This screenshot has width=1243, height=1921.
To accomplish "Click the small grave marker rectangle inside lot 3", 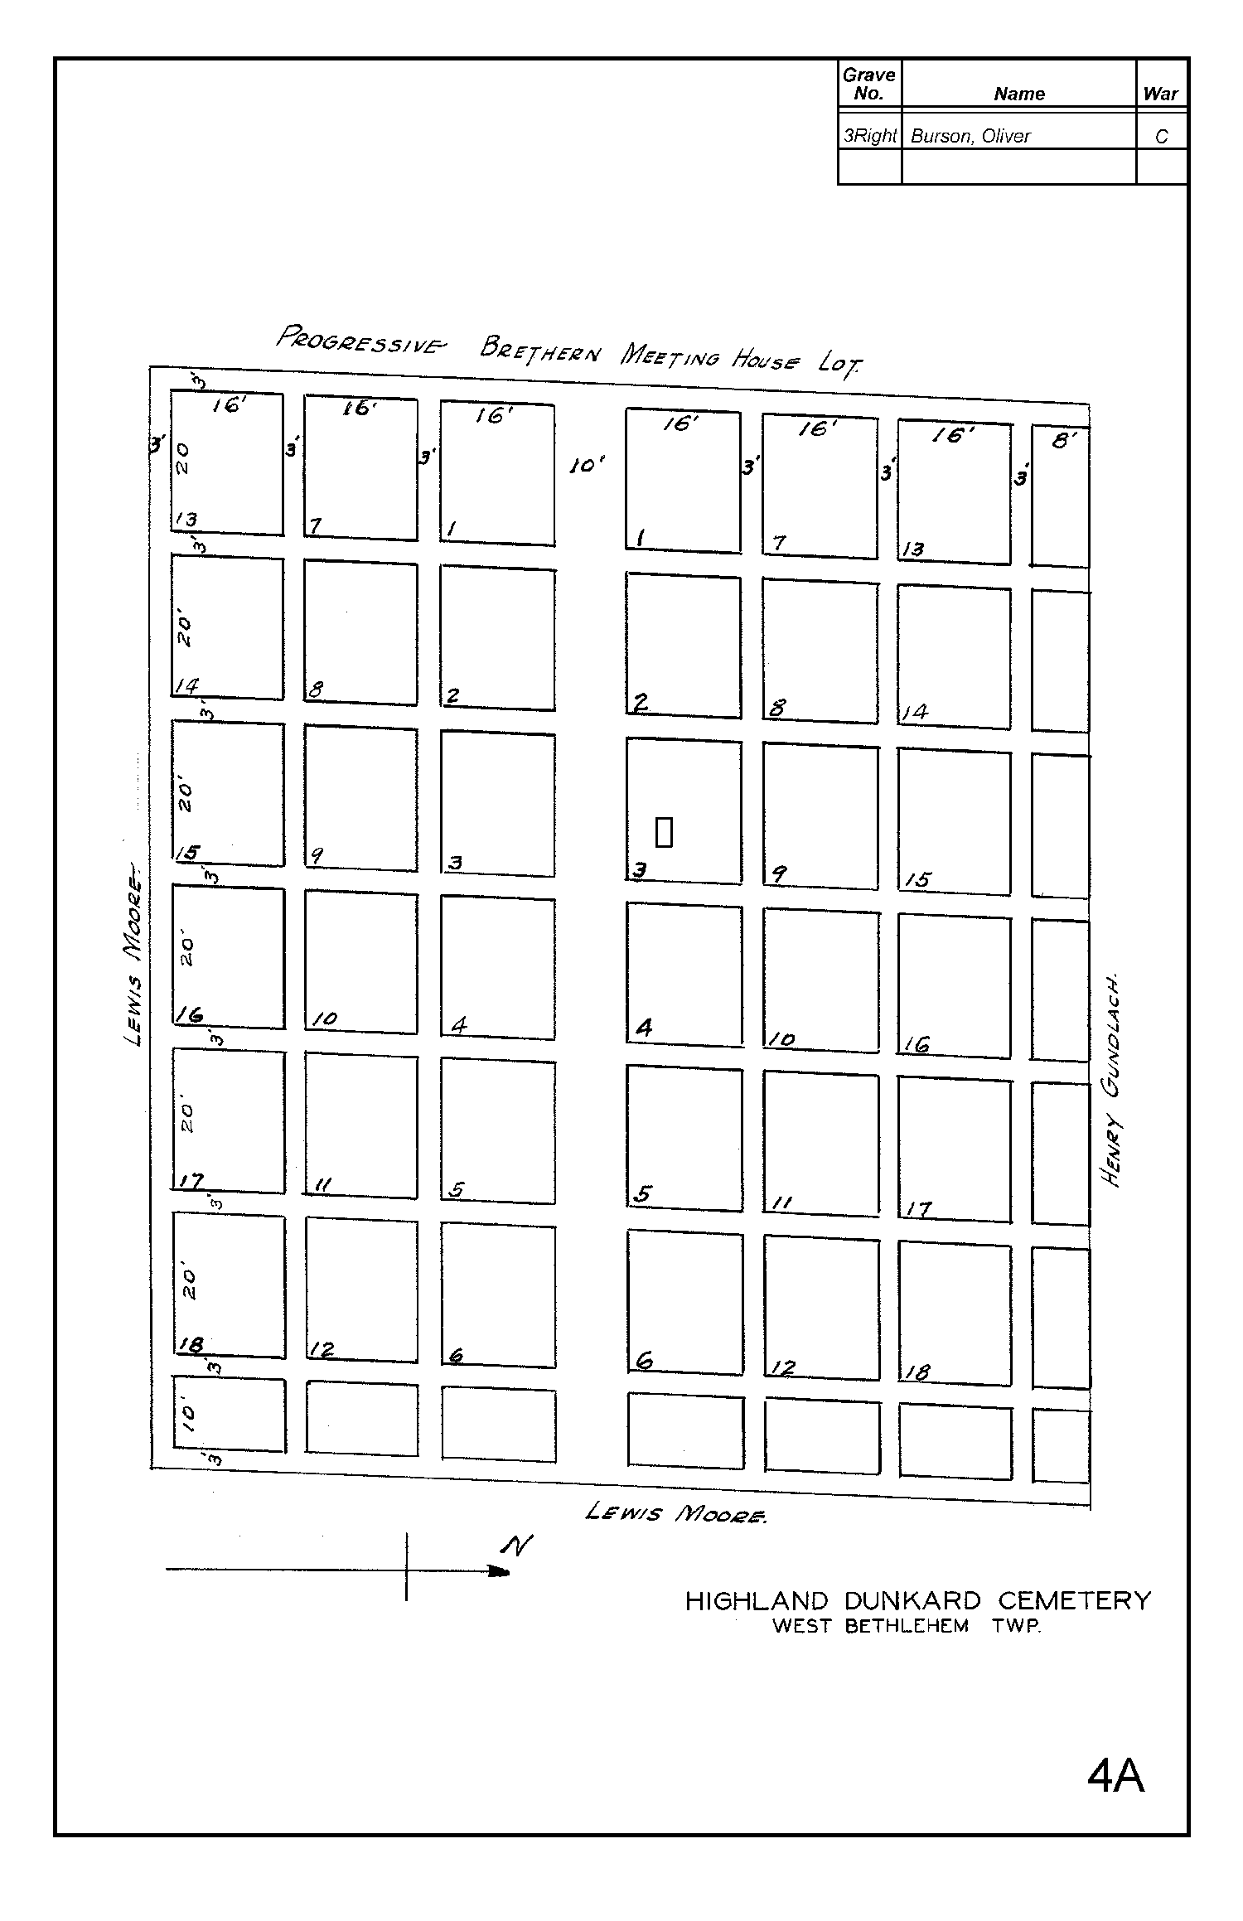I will click(664, 832).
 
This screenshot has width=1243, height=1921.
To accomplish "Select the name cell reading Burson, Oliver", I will click(970, 136).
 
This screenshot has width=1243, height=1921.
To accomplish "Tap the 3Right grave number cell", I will click(869, 136).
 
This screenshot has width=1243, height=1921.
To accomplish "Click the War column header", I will click(1160, 94).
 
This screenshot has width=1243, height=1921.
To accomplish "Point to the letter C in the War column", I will click(1161, 137).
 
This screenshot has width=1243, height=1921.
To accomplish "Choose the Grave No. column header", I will click(868, 85).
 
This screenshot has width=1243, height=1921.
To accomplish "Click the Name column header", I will click(1018, 94).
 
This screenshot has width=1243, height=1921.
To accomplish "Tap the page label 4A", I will click(1115, 1776).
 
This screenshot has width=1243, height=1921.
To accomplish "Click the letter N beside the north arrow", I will click(516, 1545).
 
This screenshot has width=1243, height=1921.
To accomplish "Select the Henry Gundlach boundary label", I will click(1112, 1079).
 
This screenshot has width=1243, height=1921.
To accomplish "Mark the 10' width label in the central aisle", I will click(587, 466).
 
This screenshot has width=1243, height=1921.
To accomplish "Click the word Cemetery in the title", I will click(1074, 1600).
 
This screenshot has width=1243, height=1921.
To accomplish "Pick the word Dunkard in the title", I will click(912, 1600).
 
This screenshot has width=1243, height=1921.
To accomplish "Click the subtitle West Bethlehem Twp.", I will click(906, 1626).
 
